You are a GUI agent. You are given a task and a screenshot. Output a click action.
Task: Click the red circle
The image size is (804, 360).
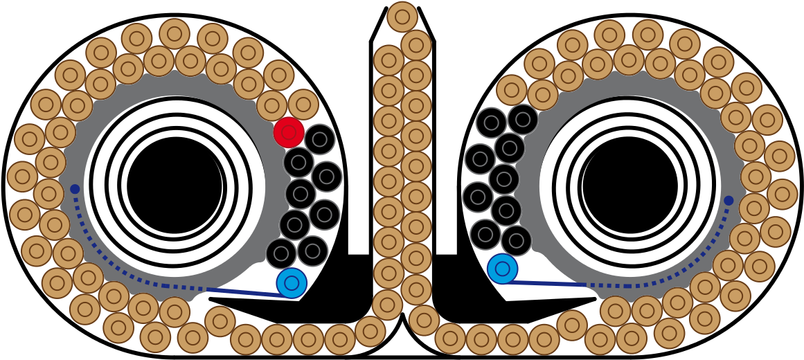tap(289, 132)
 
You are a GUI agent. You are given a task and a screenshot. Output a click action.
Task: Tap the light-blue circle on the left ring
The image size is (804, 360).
tap(292, 283)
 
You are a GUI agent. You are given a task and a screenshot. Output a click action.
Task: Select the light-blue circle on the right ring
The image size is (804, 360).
tap(502, 269)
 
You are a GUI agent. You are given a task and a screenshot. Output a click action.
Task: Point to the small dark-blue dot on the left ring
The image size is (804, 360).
tap(75, 189)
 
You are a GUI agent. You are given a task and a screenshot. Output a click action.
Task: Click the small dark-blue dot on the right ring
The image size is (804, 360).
tap(729, 201)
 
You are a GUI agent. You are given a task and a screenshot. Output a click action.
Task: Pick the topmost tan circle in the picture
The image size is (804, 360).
tap(402, 17)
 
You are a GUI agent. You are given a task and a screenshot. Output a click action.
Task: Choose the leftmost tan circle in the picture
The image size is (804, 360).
tap(22, 177)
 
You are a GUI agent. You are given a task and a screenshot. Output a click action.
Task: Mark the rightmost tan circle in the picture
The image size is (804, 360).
tap(782, 195)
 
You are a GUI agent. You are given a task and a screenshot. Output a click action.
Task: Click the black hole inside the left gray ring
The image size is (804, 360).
tap(175, 186)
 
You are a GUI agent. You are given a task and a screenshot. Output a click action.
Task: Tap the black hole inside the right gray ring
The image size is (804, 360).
tap(630, 186)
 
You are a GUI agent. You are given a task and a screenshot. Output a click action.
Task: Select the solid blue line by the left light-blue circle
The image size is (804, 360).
tap(246, 292)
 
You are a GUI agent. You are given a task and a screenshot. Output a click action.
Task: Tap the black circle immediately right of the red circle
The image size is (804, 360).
tap(319, 139)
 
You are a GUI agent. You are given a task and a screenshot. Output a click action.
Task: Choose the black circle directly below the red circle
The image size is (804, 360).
tap(298, 162)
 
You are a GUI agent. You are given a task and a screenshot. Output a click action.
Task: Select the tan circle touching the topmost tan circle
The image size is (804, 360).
tap(416, 45)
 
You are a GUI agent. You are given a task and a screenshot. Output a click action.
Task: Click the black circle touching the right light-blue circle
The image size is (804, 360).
tap(516, 241)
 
